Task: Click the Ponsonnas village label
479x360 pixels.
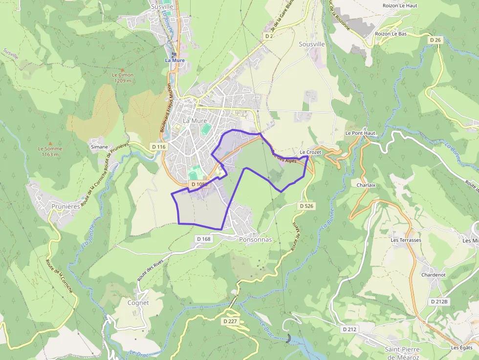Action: coord(255,240)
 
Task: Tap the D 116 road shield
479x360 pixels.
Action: coord(159,147)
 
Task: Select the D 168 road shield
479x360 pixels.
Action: coord(205,239)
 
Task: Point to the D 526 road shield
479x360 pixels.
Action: coord(306,206)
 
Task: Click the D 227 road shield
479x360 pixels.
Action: coord(230,321)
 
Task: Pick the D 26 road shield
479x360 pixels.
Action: coord(435,40)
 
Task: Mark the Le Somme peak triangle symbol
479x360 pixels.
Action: coord(50,144)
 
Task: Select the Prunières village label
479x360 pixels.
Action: coord(65,207)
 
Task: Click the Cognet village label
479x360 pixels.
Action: coord(138,303)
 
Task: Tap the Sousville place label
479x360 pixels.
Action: coord(311,44)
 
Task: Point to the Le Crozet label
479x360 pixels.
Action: coord(311,152)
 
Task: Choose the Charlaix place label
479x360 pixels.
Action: coord(366,185)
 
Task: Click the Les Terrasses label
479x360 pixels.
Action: coord(406,240)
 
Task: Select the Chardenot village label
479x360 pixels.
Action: coord(434,275)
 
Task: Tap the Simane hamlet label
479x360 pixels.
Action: coord(99,147)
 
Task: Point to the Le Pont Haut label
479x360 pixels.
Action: coord(360,133)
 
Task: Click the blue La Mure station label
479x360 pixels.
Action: coord(174,60)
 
